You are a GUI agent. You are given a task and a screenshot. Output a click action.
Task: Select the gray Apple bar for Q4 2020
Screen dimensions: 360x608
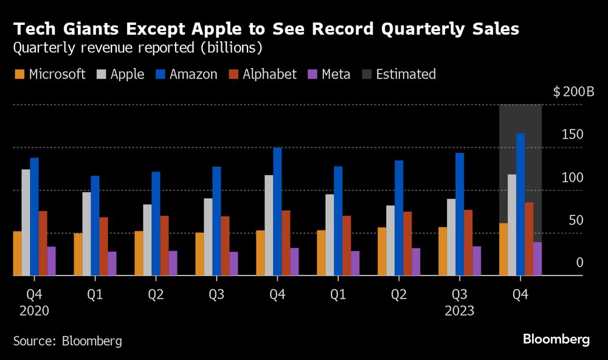pyautogui.click(x=26, y=223)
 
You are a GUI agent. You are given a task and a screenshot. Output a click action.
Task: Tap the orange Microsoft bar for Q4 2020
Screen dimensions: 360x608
pyautogui.click(x=17, y=254)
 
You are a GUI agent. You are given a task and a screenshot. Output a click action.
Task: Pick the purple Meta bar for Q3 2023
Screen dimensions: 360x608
pyautogui.click(x=477, y=261)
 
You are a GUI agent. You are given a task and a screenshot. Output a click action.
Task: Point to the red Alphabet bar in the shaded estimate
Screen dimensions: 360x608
pyautogui.click(x=529, y=239)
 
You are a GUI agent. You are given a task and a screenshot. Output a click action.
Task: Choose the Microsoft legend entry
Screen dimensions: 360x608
pyautogui.click(x=49, y=75)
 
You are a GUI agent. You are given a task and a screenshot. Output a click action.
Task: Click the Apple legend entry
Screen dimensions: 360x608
pyautogui.click(x=120, y=75)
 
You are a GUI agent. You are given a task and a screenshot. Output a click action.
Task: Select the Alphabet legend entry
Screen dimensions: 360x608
pyautogui.click(x=262, y=75)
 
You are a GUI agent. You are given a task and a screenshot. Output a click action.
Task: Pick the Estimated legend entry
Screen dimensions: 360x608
pyautogui.click(x=398, y=75)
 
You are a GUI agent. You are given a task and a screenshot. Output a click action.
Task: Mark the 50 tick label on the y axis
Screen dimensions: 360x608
pyautogui.click(x=575, y=220)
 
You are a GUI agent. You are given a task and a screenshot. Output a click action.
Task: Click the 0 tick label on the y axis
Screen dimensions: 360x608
pyautogui.click(x=580, y=263)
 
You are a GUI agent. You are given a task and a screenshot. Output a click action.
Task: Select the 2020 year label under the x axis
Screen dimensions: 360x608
pyautogui.click(x=34, y=310)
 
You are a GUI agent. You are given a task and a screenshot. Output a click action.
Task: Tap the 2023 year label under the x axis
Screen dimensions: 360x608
pyautogui.click(x=460, y=310)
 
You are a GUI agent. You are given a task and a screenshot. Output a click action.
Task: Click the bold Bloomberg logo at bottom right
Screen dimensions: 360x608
pyautogui.click(x=556, y=339)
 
